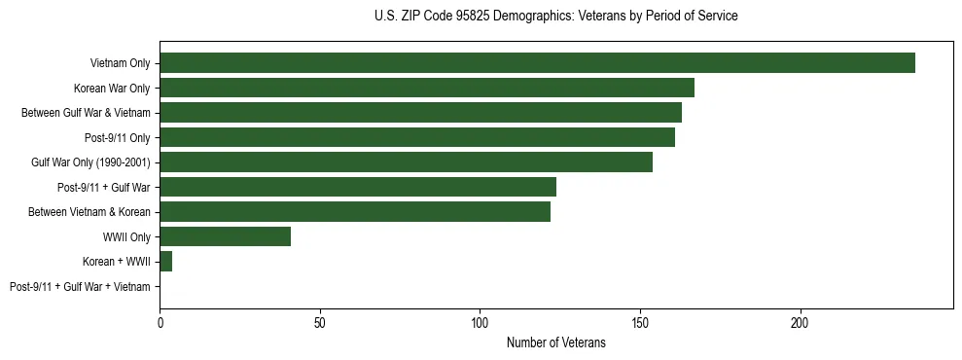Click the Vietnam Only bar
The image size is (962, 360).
tap(537, 63)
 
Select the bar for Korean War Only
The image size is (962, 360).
tap(427, 88)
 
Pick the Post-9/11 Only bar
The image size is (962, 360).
tap(417, 137)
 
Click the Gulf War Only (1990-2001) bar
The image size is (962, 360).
tap(406, 162)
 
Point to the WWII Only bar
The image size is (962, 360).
tap(225, 236)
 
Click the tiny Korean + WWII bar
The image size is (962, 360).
tap(165, 262)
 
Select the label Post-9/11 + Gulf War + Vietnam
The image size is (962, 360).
tap(80, 287)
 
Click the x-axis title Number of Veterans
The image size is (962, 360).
tap(555, 342)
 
